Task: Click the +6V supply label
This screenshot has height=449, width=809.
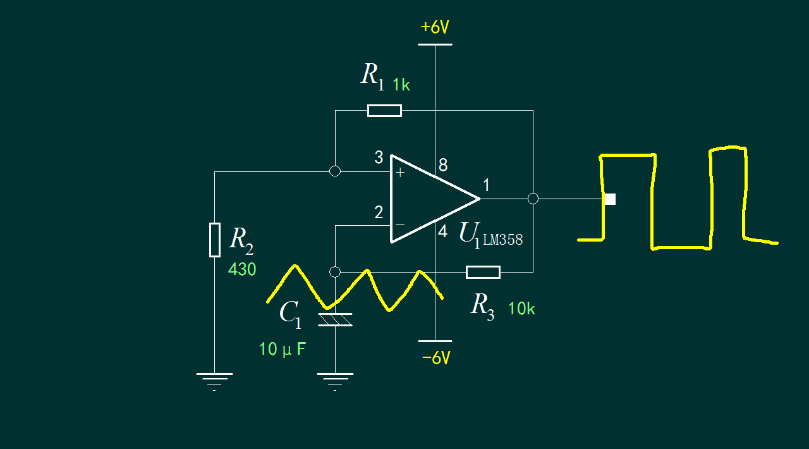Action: pos(435,27)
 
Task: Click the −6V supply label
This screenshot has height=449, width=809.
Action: pos(436,358)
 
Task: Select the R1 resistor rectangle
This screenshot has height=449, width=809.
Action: pos(384,111)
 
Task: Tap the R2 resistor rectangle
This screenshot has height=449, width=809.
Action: pos(215,240)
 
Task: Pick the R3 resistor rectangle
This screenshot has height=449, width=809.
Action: pos(484,272)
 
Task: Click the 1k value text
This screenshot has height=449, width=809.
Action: pos(401,85)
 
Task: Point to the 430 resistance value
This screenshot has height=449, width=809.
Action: pos(242,269)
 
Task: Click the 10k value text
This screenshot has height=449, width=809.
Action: pos(521,309)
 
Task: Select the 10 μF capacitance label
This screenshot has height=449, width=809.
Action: pos(283,349)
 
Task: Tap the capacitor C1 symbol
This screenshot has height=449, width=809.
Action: pos(335,320)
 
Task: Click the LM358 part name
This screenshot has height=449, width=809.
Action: pos(502,240)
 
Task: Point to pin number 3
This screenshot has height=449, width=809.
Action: pos(379,157)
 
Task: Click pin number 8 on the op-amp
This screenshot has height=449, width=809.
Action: pos(443,165)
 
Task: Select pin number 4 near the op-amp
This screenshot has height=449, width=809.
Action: pos(443,231)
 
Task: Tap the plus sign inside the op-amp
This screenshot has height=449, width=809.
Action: pos(400,172)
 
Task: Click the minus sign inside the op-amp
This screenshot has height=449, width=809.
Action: pos(400,225)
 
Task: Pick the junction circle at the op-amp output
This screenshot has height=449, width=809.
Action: pos(533,199)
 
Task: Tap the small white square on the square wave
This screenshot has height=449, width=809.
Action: pos(610,199)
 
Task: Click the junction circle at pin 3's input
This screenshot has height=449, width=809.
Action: pos(335,171)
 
